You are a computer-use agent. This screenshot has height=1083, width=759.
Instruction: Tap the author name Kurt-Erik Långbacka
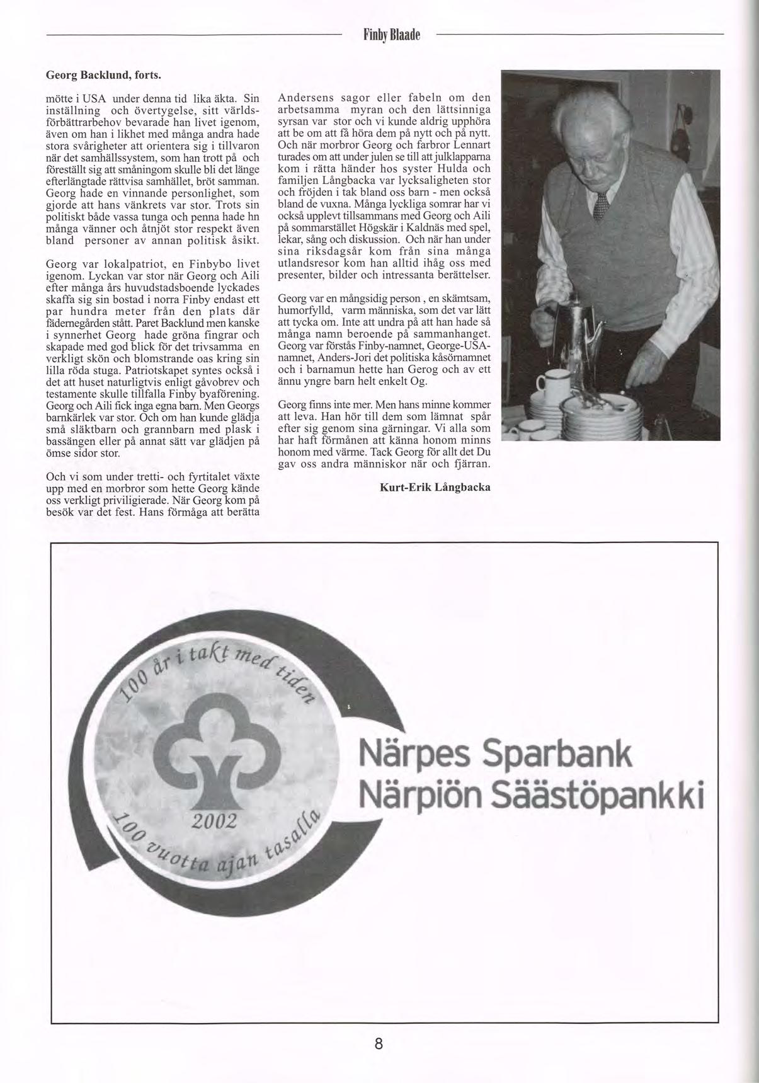[435, 487]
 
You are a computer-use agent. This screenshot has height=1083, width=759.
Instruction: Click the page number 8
[379, 1043]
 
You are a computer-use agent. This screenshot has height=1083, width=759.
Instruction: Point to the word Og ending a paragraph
[418, 381]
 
